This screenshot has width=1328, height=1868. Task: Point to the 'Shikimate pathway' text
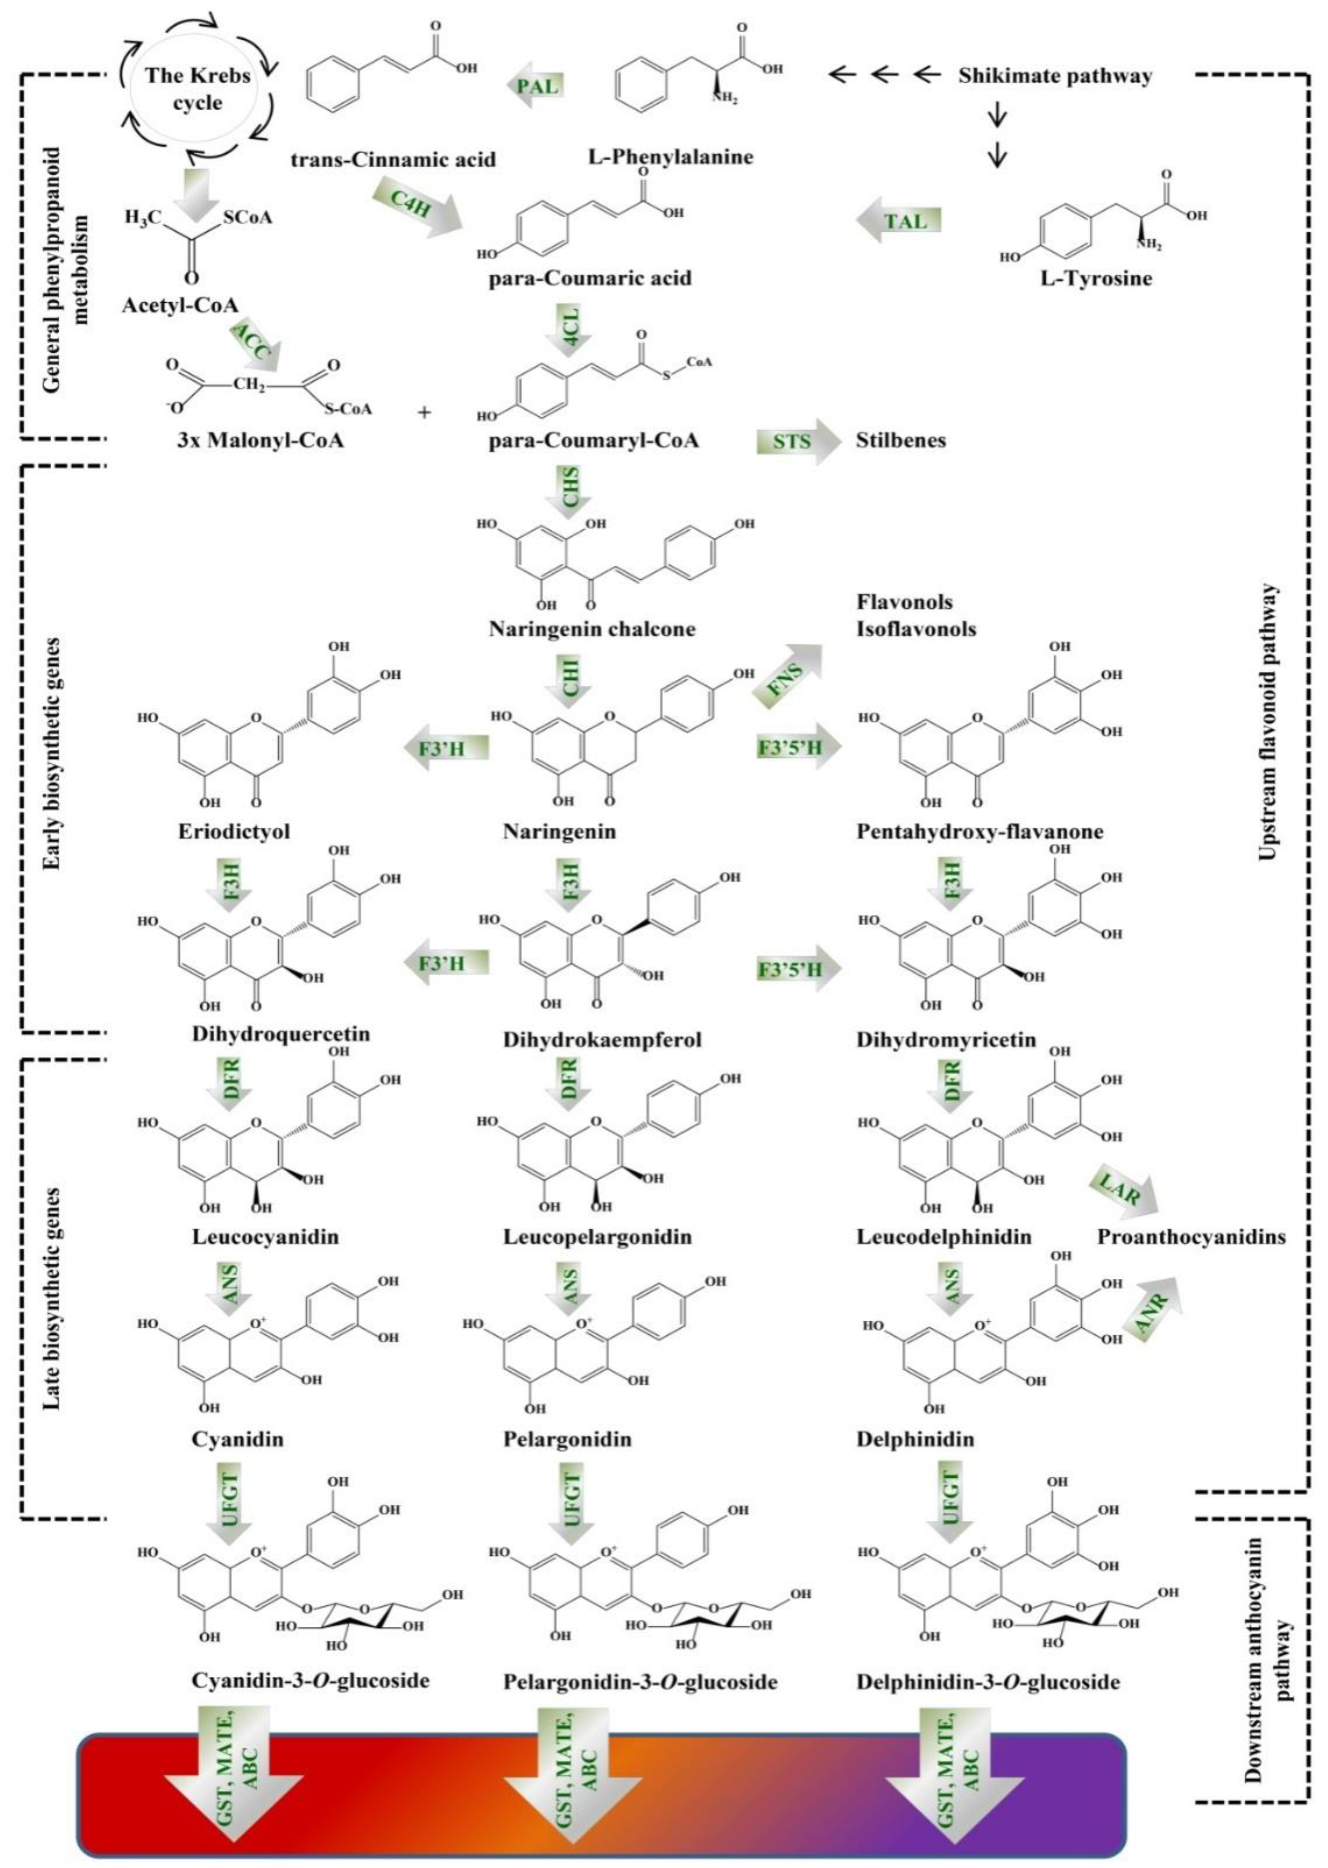click(x=1055, y=76)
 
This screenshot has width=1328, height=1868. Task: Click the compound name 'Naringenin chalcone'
click(x=592, y=629)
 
